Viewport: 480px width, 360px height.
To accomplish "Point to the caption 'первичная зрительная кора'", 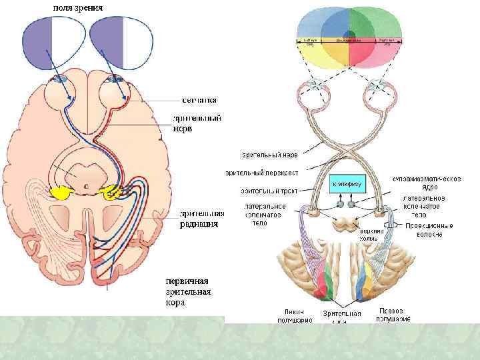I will click(192, 291).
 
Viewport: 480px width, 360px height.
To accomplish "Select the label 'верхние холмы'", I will click(371, 234).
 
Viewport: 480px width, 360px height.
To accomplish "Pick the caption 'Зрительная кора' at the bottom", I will click(341, 316).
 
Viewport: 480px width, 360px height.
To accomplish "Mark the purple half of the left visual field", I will click(37, 41).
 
